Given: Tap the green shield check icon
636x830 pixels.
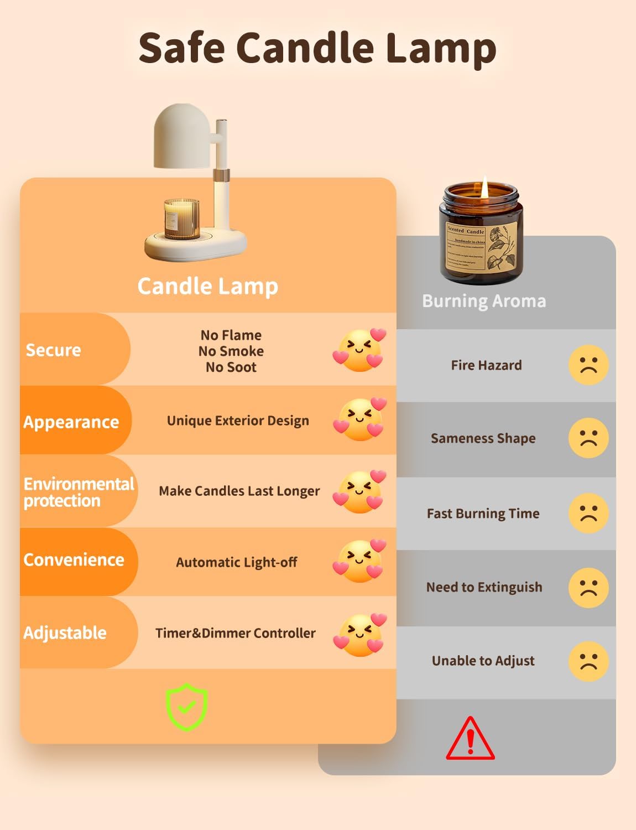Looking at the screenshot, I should (x=187, y=707).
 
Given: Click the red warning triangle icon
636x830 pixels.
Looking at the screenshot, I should (x=470, y=739).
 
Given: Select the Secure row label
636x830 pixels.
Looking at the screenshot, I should (x=54, y=350).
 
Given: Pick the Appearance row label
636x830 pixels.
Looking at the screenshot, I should (x=71, y=422).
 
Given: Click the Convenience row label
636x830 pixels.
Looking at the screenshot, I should (x=74, y=559).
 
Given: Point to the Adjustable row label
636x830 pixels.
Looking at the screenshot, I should (x=65, y=632).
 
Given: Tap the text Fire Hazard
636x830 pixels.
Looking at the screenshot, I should (x=486, y=365).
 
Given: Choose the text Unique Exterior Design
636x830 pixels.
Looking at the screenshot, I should (x=238, y=421).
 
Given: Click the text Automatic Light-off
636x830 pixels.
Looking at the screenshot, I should (x=237, y=562).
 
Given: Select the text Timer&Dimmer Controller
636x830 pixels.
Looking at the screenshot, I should (x=236, y=633).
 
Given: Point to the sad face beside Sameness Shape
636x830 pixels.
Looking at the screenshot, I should (x=588, y=438).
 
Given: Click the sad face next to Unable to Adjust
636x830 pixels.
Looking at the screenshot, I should (x=588, y=661).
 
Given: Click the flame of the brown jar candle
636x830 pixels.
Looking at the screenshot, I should (x=484, y=188).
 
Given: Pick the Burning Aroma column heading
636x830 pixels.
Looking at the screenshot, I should (x=484, y=301).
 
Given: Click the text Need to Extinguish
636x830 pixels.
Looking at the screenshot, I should (x=484, y=587).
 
